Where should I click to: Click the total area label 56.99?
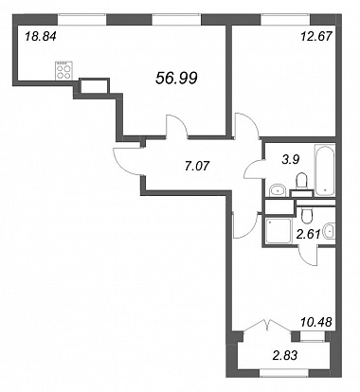click(x=176, y=78)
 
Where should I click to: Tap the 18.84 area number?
click(x=41, y=37)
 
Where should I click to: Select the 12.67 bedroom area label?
click(x=315, y=37)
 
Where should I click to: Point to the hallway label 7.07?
click(x=197, y=165)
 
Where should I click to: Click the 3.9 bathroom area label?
click(x=290, y=160)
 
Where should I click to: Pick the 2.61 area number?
click(x=309, y=234)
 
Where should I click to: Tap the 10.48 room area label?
click(x=315, y=322)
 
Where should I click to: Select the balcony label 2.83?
click(x=285, y=355)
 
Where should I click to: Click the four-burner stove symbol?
click(x=63, y=70)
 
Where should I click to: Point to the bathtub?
click(x=324, y=169)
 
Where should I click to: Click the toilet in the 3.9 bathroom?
click(x=302, y=182)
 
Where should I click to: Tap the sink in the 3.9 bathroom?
click(x=278, y=190)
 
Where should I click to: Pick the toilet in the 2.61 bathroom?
click(x=307, y=215)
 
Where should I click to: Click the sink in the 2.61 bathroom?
click(x=330, y=232)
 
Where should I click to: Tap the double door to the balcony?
click(x=267, y=325)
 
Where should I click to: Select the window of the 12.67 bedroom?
click(x=285, y=20)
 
